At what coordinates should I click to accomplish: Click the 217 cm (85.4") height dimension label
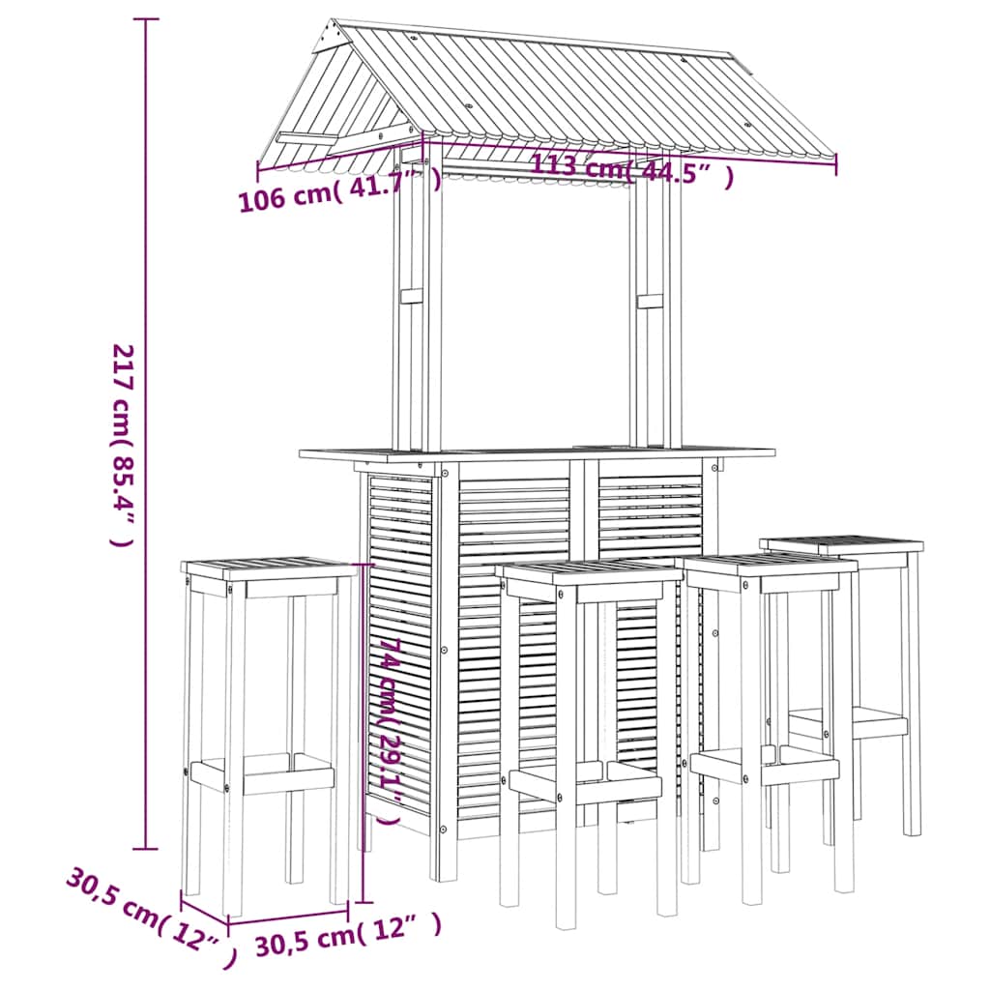(x=123, y=445)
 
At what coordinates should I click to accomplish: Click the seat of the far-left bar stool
(x=269, y=568)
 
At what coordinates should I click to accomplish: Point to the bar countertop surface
(x=537, y=452)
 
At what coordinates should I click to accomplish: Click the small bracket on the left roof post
(x=412, y=297)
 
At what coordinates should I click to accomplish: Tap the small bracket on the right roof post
(x=650, y=302)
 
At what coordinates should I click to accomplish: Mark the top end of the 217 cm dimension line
(x=146, y=19)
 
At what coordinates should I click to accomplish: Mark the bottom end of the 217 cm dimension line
(x=146, y=849)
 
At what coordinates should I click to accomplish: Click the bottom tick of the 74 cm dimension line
(x=364, y=903)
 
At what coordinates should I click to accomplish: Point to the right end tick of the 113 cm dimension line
(x=836, y=165)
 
